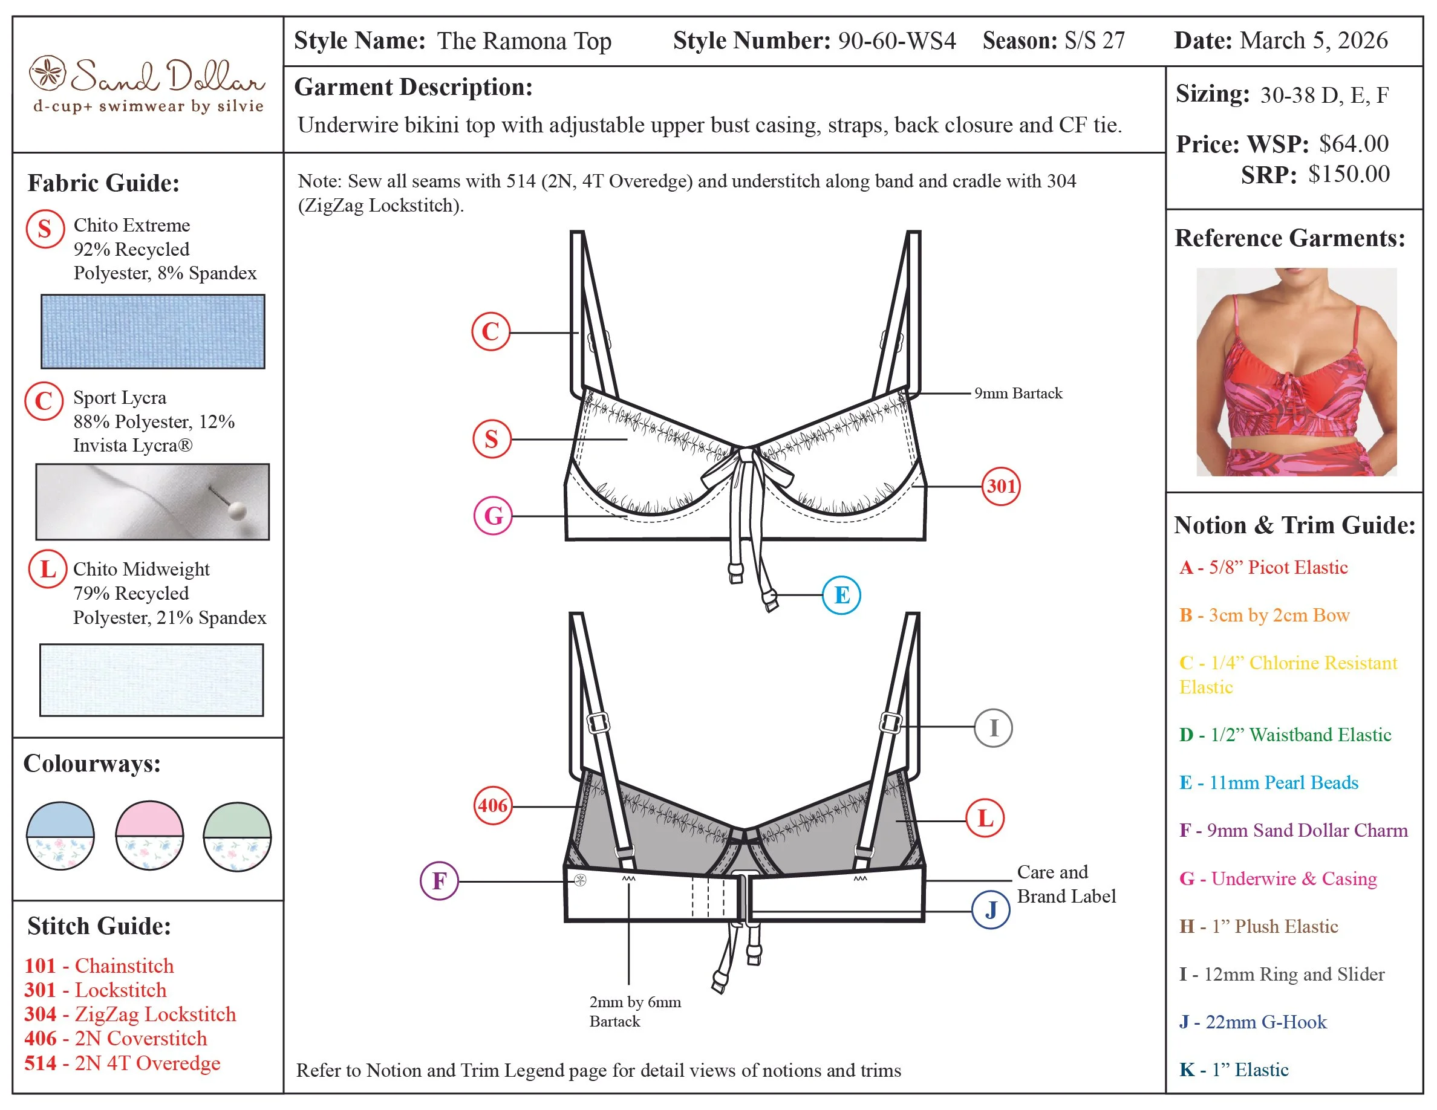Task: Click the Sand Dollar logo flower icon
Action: (x=47, y=73)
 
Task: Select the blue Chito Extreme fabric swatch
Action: (x=152, y=331)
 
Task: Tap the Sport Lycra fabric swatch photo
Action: (x=152, y=502)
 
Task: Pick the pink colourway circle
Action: (x=149, y=835)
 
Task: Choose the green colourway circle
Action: (x=237, y=837)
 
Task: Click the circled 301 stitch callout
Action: (x=1000, y=486)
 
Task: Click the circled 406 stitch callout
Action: (x=493, y=805)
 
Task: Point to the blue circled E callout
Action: (x=841, y=594)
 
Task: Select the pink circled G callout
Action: (x=493, y=515)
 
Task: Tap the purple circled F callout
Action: (x=439, y=880)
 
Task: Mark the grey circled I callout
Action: (x=992, y=727)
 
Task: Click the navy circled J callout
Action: (x=990, y=909)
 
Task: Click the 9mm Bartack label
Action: (x=1017, y=393)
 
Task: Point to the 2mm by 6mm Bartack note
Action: (x=634, y=1011)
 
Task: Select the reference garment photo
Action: (x=1295, y=372)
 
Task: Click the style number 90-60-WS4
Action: (x=896, y=41)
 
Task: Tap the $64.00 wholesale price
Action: (x=1354, y=143)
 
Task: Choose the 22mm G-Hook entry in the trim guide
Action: (x=1253, y=1021)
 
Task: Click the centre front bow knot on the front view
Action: (x=746, y=455)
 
